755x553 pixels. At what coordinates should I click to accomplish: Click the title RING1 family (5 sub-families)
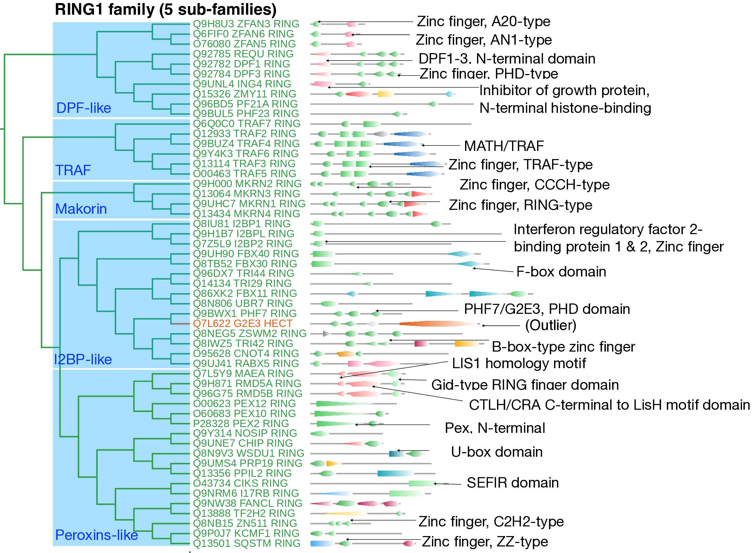[166, 9]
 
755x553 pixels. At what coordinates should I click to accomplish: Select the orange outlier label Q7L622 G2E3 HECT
[243, 323]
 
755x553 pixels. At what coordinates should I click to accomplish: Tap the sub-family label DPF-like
[84, 108]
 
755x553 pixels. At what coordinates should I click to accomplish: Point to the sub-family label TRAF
[73, 170]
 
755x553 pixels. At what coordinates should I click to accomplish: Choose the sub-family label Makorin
[81, 209]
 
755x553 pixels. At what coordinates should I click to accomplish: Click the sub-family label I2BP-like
[83, 359]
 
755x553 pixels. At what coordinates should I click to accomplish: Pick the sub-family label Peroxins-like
[96, 535]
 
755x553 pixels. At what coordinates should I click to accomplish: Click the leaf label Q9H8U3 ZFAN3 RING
[246, 24]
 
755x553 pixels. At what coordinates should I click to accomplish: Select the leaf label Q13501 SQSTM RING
[246, 543]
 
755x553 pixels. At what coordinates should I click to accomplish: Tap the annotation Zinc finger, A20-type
[484, 22]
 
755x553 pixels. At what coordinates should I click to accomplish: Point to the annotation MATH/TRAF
[504, 146]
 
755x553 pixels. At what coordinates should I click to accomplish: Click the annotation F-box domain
[561, 272]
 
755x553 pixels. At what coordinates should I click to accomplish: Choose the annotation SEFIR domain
[512, 483]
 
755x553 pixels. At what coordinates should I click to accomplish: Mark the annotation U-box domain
[497, 452]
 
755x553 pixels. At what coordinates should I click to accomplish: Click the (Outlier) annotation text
[551, 325]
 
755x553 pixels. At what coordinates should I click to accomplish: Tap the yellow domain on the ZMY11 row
[385, 94]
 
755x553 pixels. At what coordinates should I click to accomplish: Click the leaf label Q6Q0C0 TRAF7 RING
[246, 124]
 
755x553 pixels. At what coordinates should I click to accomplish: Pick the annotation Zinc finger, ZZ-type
[485, 541]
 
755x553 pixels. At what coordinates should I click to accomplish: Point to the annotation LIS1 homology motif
[519, 363]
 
